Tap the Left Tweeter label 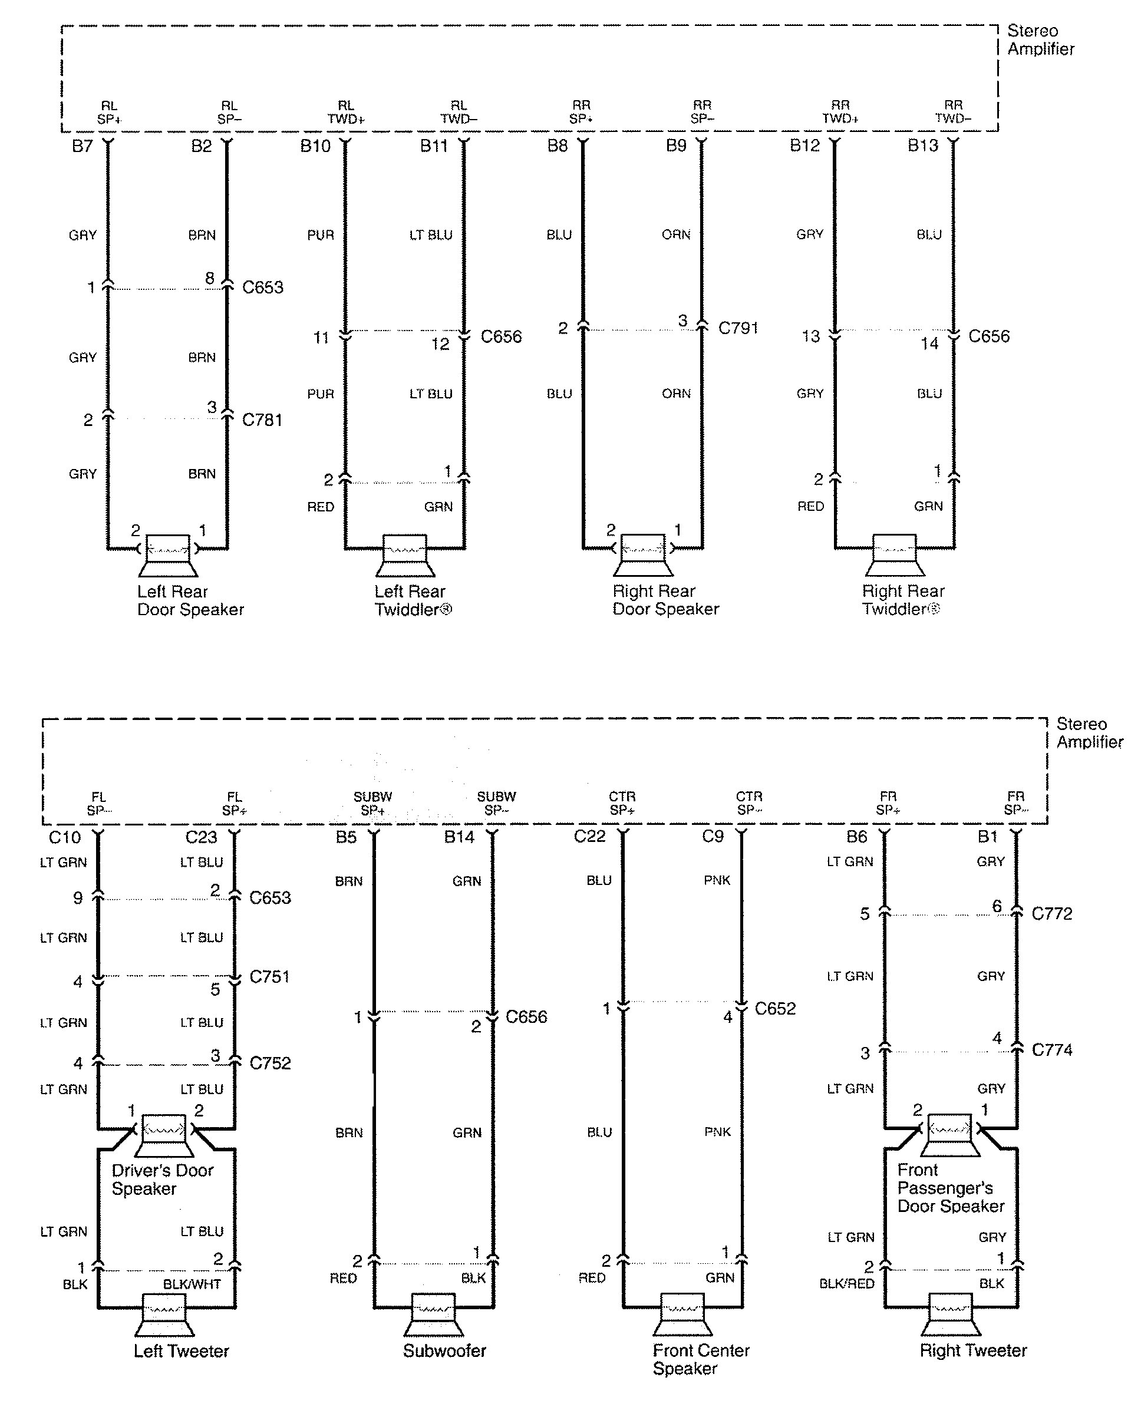181,1351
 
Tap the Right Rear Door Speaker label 665,600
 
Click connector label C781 262,420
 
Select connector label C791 737,328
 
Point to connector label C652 775,1009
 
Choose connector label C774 1051,1050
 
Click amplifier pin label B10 315,146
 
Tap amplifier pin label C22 589,837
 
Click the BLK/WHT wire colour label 192,1284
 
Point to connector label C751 269,976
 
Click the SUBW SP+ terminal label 372,804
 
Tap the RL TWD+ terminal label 346,113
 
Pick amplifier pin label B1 987,837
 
